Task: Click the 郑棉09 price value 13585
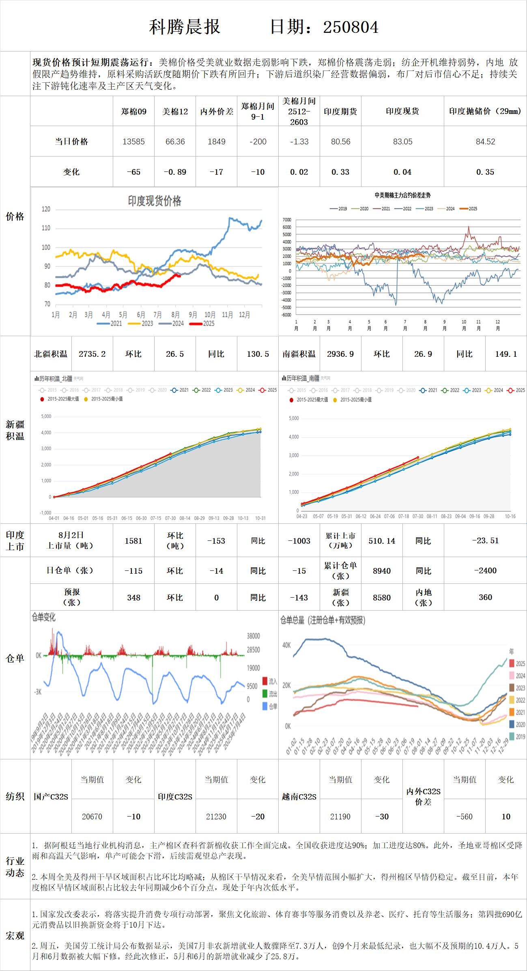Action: click(133, 141)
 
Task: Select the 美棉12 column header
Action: click(175, 111)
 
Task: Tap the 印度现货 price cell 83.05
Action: click(402, 141)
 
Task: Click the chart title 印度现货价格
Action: click(155, 201)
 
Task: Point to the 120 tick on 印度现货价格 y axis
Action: click(46, 209)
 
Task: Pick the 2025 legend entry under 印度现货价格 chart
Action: click(203, 324)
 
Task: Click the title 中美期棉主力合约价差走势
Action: click(402, 195)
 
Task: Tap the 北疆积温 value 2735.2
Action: click(92, 354)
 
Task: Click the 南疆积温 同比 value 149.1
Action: click(506, 354)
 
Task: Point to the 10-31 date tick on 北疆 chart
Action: click(260, 518)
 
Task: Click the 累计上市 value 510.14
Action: click(382, 540)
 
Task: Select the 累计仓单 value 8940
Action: click(382, 571)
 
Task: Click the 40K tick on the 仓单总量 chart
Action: click(286, 645)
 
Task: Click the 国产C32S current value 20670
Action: click(92, 817)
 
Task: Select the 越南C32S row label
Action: click(299, 797)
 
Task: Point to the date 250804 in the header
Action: click(351, 27)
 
